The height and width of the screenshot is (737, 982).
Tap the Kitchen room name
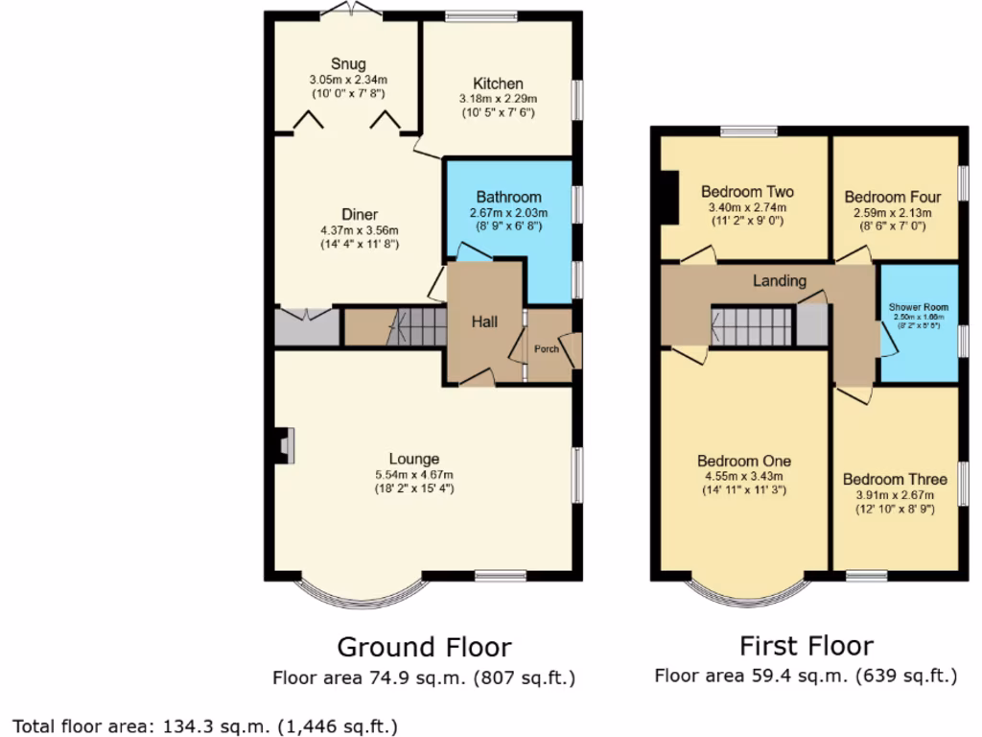click(x=498, y=83)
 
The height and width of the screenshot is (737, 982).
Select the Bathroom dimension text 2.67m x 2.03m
click(x=507, y=212)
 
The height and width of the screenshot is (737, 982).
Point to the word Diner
click(x=360, y=214)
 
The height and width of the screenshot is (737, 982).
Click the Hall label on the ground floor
click(x=483, y=322)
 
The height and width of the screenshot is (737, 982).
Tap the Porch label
click(x=547, y=348)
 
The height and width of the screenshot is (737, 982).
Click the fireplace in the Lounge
click(x=285, y=446)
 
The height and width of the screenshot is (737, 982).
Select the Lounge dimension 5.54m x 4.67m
click(x=414, y=474)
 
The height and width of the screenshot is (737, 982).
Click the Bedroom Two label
click(x=747, y=191)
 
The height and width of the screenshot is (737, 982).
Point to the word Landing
click(x=779, y=281)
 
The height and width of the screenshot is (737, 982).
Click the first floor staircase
click(x=753, y=326)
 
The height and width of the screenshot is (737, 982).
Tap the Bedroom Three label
click(x=895, y=479)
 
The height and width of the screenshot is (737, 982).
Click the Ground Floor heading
click(x=424, y=647)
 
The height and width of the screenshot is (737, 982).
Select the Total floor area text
click(x=204, y=725)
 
